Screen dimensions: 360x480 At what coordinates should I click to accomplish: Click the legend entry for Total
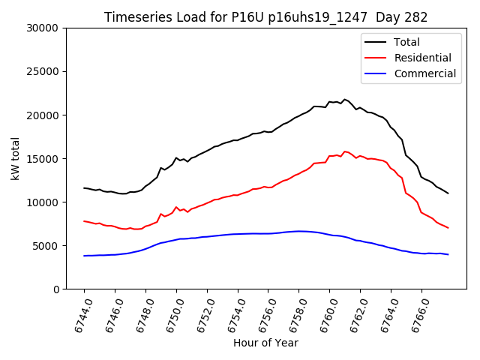click(406, 42)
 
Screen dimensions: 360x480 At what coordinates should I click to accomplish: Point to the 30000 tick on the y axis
click(44, 28)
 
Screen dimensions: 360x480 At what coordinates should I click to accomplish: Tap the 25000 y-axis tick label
click(44, 72)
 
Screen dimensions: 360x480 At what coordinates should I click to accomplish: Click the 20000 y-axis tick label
click(44, 115)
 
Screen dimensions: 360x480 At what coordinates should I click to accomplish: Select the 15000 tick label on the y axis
click(44, 159)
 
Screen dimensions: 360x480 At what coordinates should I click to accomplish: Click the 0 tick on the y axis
click(56, 289)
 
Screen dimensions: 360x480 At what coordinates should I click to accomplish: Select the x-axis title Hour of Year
click(265, 343)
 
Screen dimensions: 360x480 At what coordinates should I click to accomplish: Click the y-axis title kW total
click(16, 158)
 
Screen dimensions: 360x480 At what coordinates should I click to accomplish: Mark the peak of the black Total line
click(344, 100)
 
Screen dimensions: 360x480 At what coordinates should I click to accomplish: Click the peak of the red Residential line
click(344, 151)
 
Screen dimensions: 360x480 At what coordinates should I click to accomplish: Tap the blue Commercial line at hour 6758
click(298, 231)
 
